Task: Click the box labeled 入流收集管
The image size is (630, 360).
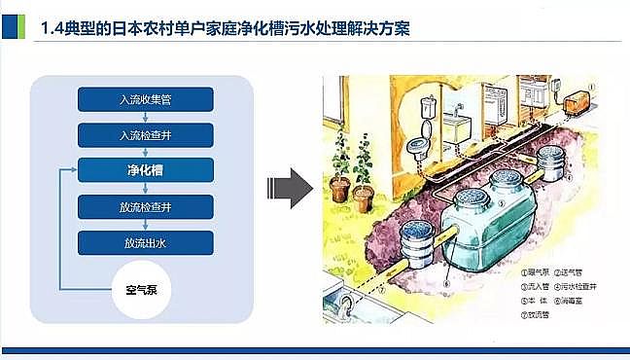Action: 145,98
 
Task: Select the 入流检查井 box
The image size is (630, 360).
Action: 145,133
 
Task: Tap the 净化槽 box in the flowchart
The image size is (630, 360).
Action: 145,169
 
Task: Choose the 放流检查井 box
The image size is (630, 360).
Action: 145,206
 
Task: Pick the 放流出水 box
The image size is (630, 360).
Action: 145,242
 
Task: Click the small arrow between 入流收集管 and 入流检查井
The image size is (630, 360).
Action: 145,116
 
